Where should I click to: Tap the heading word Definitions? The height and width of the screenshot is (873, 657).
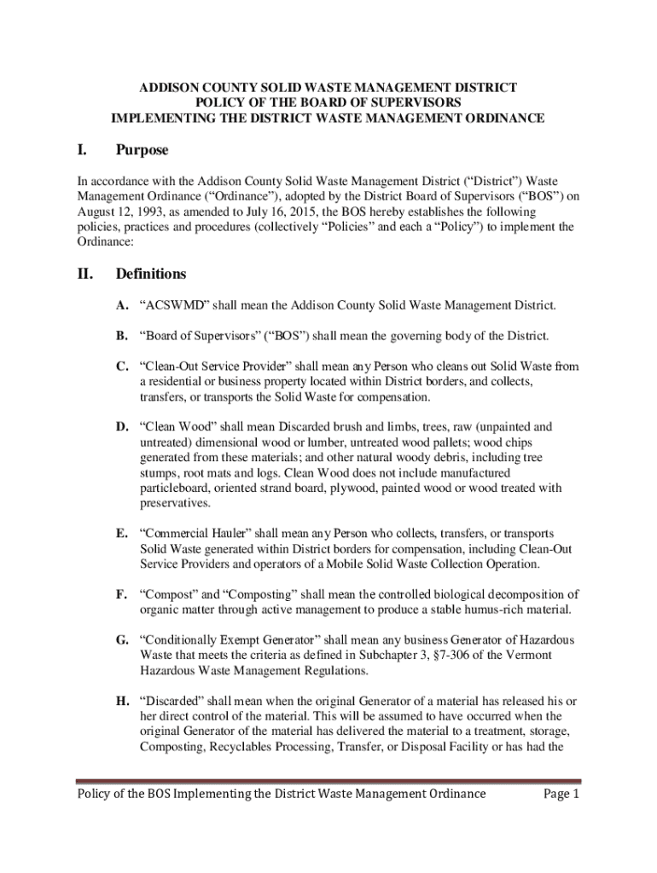point(151,275)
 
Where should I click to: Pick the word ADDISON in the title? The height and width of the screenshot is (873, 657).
point(168,88)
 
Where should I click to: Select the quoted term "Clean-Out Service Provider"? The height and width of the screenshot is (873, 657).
point(230,367)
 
